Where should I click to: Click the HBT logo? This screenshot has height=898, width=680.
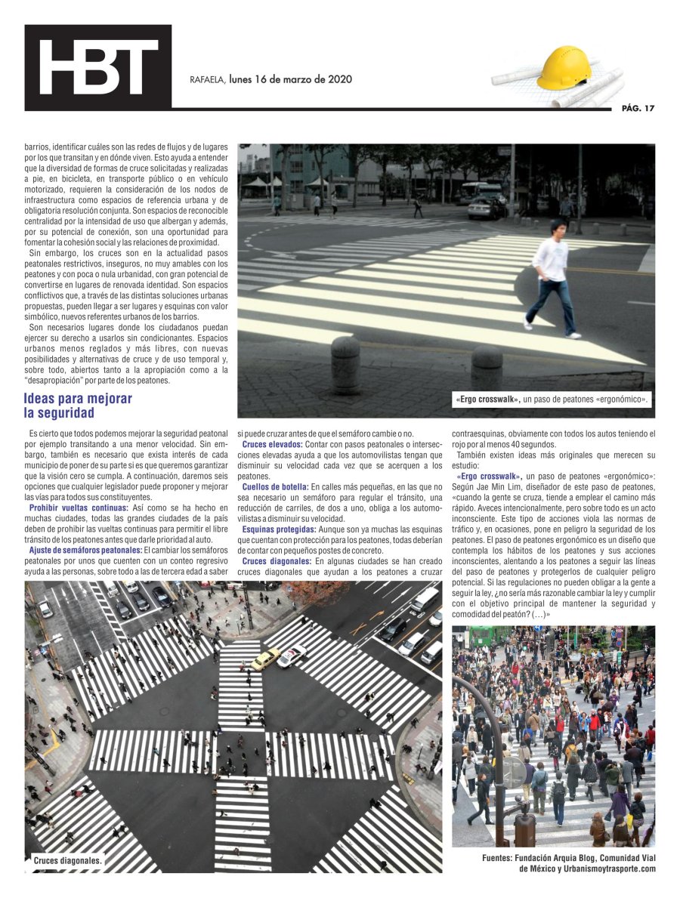point(98,67)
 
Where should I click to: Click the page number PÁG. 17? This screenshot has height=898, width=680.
point(638,108)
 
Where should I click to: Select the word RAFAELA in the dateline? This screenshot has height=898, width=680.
point(206,79)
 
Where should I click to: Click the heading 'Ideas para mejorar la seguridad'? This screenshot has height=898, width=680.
point(78,406)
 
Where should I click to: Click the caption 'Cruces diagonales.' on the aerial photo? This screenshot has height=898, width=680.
point(67,859)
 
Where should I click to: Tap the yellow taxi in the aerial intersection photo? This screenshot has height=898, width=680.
point(265,659)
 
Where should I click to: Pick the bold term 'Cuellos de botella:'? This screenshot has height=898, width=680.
point(275,487)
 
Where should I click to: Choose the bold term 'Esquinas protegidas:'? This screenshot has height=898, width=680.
point(279,529)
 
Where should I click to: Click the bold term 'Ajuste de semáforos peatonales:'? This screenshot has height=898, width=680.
point(86,550)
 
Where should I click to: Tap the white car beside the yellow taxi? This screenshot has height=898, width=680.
point(292,655)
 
